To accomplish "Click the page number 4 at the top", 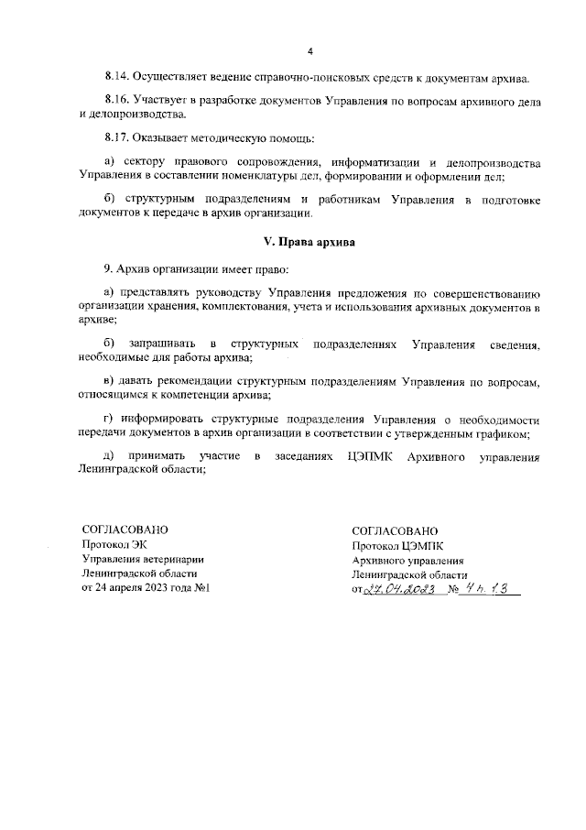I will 309,50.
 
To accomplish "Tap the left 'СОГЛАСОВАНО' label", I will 125,530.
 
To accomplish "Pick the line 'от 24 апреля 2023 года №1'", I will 146,587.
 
